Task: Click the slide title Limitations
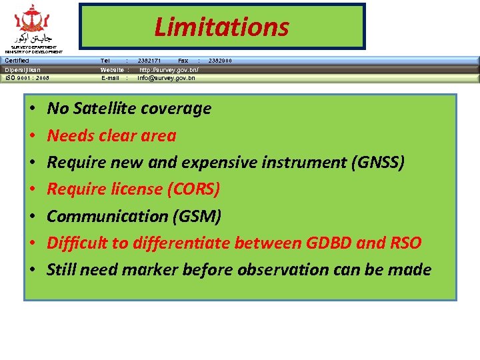pos(221,27)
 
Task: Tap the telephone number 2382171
pos(149,61)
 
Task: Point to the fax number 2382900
pos(220,61)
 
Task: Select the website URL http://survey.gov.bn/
pos(169,69)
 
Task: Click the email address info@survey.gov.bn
pos(166,78)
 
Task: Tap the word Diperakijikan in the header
pos(23,69)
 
